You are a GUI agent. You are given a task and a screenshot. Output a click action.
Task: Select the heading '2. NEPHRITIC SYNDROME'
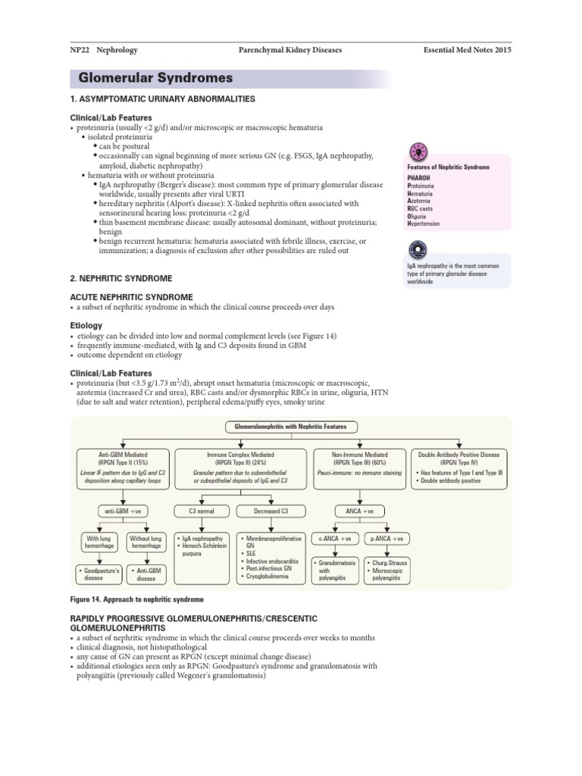120,278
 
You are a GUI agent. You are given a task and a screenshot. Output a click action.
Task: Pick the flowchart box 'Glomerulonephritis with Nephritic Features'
290,427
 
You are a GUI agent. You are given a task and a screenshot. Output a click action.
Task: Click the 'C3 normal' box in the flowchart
202,511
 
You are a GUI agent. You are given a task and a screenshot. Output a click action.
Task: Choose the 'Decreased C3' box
269,511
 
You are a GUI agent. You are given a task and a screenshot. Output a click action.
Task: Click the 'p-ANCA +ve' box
386,538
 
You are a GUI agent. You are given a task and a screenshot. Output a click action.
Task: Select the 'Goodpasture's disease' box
98,572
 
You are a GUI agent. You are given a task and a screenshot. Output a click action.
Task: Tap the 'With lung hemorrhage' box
99,541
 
